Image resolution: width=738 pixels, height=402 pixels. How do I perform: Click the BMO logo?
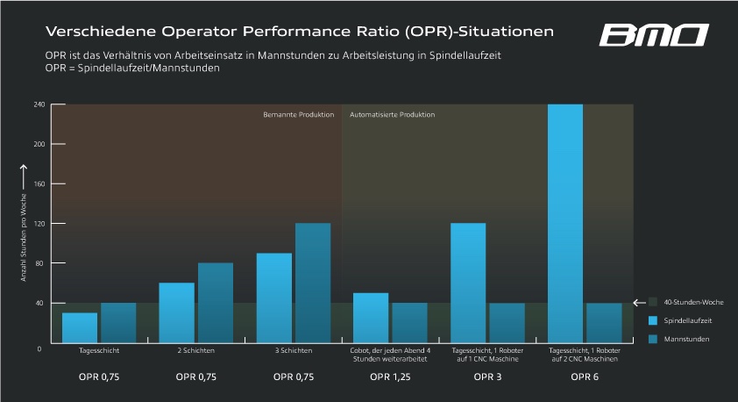click(653, 35)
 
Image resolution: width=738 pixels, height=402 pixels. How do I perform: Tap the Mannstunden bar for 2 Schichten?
click(216, 303)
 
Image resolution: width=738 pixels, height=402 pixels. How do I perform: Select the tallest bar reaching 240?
click(565, 224)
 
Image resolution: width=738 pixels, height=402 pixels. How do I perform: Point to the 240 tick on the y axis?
click(39, 104)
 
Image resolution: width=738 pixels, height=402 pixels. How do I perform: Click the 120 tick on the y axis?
click(39, 224)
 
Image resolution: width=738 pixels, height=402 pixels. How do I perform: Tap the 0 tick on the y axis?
click(39, 348)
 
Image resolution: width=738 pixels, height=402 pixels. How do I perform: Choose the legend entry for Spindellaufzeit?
click(687, 320)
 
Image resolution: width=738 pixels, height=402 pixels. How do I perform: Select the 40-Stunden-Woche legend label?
click(692, 302)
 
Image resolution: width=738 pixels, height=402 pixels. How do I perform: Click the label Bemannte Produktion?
click(300, 115)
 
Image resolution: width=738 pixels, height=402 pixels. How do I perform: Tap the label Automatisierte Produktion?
click(392, 115)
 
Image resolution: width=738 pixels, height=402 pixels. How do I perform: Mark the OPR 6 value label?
click(585, 377)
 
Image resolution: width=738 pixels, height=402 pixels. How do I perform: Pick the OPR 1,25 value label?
click(388, 377)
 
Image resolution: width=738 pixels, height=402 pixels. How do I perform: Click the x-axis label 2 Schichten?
click(195, 350)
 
